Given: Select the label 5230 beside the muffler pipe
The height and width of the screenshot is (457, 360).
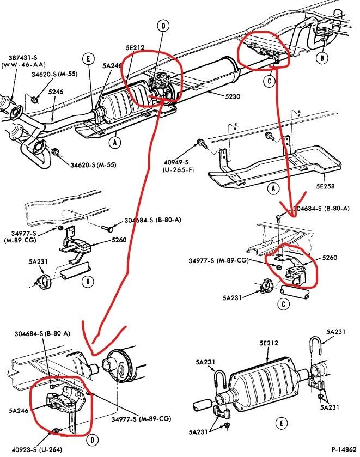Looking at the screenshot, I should click(x=233, y=97).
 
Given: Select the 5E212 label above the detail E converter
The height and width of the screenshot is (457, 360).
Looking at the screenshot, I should click(x=268, y=344).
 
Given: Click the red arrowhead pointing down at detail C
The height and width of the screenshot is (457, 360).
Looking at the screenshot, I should click(x=289, y=209).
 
